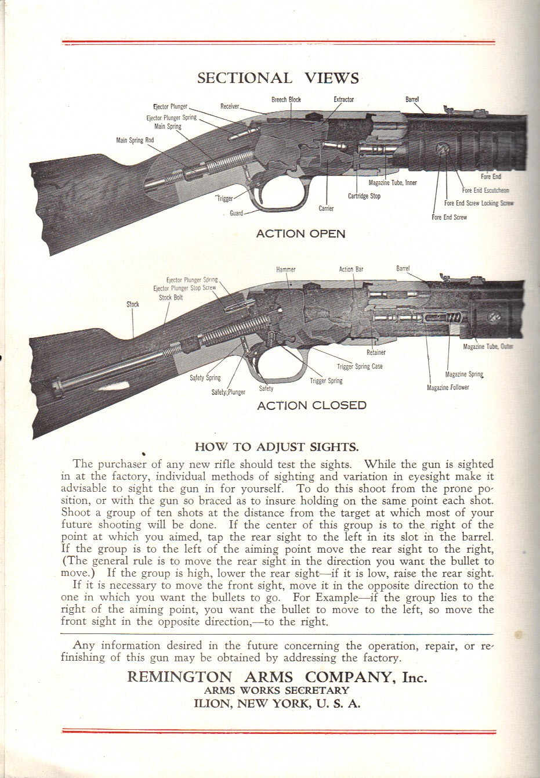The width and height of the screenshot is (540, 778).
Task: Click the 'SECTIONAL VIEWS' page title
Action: pos(278,78)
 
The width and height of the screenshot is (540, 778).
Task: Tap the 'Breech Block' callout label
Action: pos(286,100)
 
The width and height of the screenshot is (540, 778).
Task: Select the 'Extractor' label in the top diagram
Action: pos(343,100)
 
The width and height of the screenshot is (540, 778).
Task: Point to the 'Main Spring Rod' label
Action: pos(135,141)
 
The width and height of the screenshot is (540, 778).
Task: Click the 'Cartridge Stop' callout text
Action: pos(364,196)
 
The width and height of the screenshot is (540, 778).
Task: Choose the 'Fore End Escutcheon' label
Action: pos(485,190)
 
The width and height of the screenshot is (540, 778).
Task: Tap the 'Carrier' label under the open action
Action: pos(326,208)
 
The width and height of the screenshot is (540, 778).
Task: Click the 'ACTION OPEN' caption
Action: pos(300,234)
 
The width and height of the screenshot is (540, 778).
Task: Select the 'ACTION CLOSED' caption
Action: pos(311,405)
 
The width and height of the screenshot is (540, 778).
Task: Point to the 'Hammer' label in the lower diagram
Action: pos(285,269)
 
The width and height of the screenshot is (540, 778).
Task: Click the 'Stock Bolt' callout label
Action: pos(171,298)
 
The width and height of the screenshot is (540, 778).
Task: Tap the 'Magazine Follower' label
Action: pos(448,388)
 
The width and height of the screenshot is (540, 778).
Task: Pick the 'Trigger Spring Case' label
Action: pos(360,366)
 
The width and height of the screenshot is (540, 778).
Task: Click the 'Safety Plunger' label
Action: pos(228,392)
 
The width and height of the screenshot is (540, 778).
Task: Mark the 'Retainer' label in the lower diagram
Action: pos(376,352)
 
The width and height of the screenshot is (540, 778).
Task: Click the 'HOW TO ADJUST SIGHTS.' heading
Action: pos(277,447)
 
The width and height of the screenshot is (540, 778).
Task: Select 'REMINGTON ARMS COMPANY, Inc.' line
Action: pos(277,678)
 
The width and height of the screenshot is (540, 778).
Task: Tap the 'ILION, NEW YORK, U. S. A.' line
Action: pos(277,704)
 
